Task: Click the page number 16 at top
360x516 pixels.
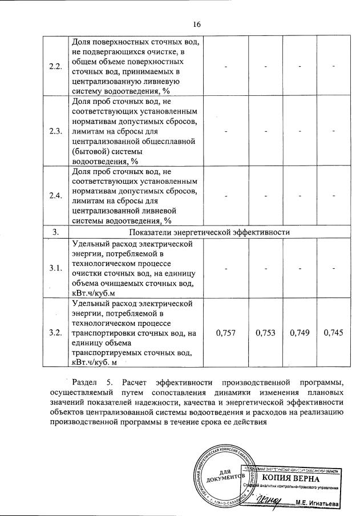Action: pyautogui.click(x=197, y=24)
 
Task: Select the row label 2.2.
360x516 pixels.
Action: pyautogui.click(x=55, y=66)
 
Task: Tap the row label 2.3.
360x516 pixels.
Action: pyautogui.click(x=55, y=131)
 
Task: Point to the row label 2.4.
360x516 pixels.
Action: pyautogui.click(x=55, y=196)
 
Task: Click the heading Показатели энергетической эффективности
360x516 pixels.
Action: pyautogui.click(x=210, y=232)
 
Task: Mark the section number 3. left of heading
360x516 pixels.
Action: pyautogui.click(x=55, y=232)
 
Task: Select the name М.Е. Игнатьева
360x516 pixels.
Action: pyautogui.click(x=318, y=503)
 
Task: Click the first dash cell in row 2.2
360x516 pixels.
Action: pyautogui.click(x=226, y=67)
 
